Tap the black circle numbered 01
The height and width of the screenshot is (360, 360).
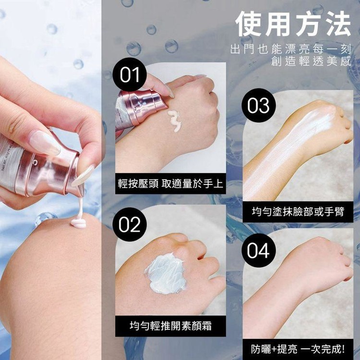(x=130, y=74)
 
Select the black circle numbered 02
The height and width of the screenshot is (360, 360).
(x=130, y=224)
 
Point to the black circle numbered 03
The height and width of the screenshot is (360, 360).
(x=259, y=106)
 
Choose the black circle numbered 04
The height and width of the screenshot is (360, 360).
(x=259, y=250)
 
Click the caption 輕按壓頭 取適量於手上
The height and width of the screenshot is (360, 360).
(x=170, y=184)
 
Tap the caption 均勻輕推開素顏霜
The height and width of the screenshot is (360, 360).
(x=170, y=326)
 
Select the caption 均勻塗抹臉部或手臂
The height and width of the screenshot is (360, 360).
(x=298, y=212)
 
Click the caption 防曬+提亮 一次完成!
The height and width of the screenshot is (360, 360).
(x=298, y=349)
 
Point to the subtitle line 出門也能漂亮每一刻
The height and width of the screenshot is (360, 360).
(x=291, y=49)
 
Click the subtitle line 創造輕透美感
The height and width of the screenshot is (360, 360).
(x=311, y=61)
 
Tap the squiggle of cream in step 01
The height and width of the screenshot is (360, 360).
(x=175, y=121)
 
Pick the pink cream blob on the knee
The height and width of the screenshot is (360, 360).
(x=79, y=223)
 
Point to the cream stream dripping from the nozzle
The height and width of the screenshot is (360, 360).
(x=80, y=208)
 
